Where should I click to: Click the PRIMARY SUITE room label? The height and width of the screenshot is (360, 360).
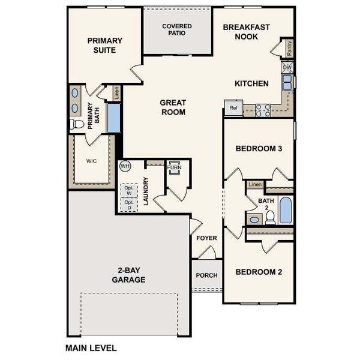point(104,45)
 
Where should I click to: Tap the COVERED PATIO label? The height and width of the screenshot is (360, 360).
point(178,29)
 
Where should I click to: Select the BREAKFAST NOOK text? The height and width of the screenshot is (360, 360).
point(247,32)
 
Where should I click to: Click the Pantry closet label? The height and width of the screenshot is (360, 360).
point(290,49)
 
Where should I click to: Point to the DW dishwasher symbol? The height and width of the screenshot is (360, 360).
point(287,68)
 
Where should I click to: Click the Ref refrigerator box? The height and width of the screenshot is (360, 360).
point(232,109)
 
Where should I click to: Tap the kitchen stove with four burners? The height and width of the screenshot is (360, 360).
point(263,110)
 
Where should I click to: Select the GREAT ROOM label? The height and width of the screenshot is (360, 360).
point(172,107)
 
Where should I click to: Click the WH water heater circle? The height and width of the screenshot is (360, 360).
point(125,166)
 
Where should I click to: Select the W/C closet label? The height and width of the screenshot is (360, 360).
point(91,161)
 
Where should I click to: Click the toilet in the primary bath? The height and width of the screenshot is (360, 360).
point(76,125)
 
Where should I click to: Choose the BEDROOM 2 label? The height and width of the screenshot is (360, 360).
point(259,272)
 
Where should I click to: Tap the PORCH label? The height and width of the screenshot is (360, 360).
point(207,275)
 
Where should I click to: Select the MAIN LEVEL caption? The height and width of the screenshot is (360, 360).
point(91,347)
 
